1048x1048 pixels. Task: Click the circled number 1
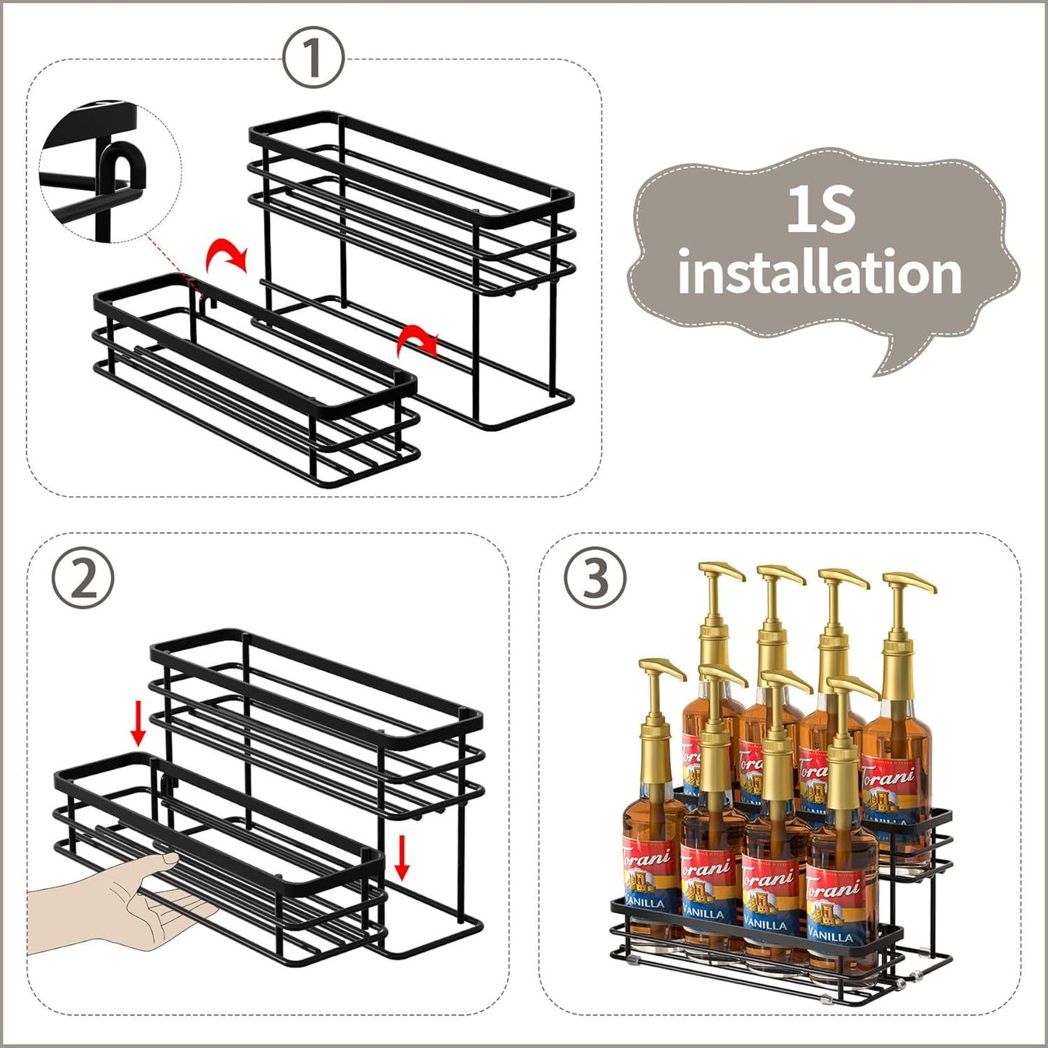point(313,59)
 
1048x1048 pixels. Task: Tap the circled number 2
point(83,577)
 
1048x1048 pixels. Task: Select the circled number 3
point(595,577)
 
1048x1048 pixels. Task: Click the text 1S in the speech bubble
point(821,210)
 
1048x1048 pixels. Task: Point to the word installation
point(820,273)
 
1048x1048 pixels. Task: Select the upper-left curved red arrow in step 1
point(226,255)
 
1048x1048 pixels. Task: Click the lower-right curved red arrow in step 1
point(419,339)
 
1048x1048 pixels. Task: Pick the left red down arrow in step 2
point(138,727)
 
